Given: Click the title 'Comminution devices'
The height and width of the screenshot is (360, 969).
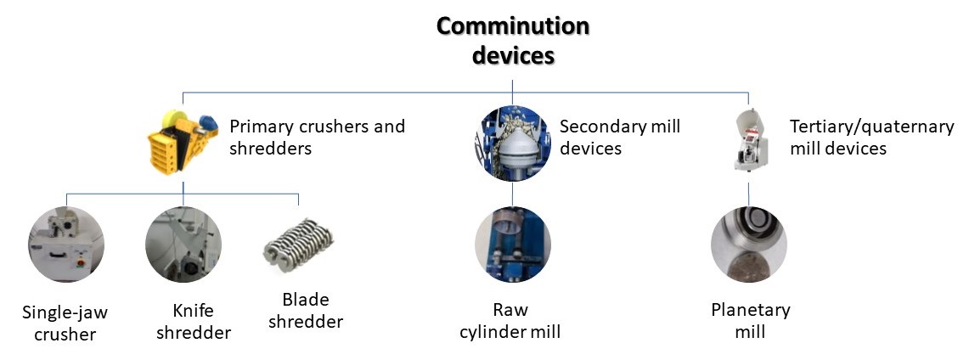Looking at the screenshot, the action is point(513,41).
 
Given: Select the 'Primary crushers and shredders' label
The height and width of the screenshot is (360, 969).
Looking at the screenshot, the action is point(317,137).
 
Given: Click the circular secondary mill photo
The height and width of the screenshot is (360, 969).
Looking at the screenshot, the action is point(512,143).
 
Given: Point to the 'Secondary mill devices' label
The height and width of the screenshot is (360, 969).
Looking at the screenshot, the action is point(620,137).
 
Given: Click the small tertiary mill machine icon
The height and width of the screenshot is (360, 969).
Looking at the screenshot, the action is point(750,140).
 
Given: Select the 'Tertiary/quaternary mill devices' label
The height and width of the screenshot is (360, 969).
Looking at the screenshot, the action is point(872,137).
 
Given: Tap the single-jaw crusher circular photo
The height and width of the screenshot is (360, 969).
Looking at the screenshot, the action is point(66,245).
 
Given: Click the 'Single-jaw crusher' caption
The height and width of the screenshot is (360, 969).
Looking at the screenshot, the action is point(65,323).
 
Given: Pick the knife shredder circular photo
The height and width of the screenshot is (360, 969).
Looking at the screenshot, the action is point(183,245).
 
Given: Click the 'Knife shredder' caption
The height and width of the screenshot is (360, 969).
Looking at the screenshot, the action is point(194,321).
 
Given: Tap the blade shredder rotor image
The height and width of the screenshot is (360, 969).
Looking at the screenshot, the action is point(298,247).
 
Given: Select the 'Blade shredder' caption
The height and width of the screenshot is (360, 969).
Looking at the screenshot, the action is point(305,311).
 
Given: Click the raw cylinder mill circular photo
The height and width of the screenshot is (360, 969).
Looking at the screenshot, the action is point(512,245).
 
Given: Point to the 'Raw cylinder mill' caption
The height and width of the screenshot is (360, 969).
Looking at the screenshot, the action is point(510,320).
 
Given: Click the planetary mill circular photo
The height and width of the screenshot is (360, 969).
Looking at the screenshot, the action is point(748,245).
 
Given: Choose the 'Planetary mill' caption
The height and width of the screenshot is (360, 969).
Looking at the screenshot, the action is point(750,320).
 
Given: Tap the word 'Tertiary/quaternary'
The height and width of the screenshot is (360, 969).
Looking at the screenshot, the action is point(872,127).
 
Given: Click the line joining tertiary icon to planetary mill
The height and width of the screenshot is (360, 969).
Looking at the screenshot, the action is point(748,193).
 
